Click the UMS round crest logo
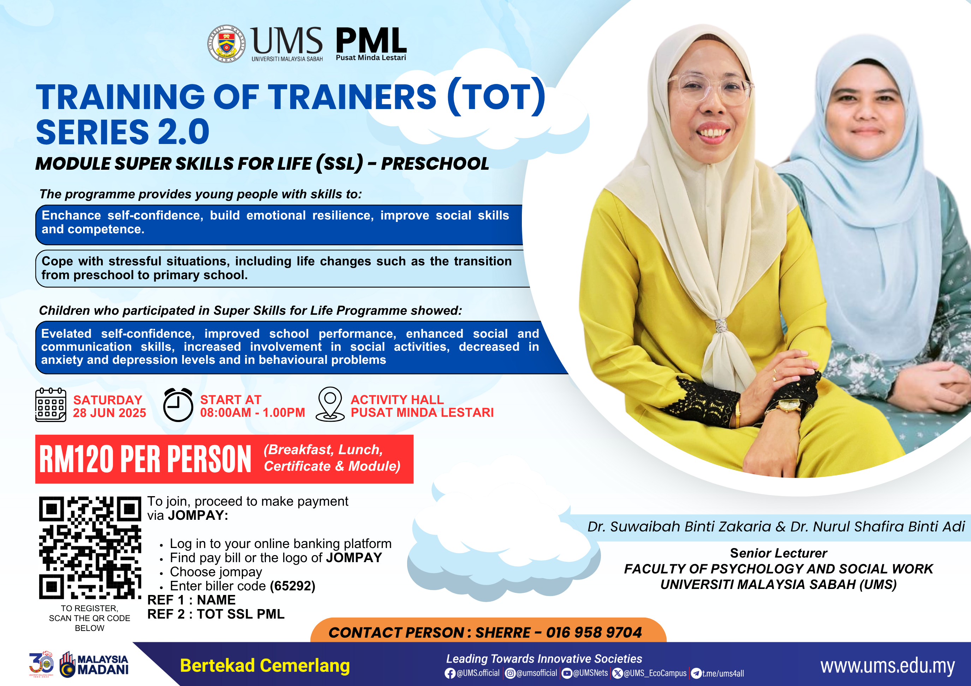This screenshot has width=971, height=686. click(x=227, y=43)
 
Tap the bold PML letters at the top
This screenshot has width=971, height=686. click(x=371, y=40)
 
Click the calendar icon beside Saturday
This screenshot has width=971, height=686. click(x=50, y=404)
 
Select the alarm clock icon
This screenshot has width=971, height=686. click(x=178, y=405)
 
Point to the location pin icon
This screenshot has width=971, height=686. click(x=330, y=404)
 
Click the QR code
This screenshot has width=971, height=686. click(x=90, y=548)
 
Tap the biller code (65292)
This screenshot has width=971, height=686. click(x=293, y=586)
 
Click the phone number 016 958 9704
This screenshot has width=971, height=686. click(x=594, y=632)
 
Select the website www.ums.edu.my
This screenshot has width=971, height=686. click(x=887, y=666)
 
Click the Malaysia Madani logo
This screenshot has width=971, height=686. click(x=94, y=664)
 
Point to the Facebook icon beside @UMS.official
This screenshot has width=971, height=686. click(x=450, y=673)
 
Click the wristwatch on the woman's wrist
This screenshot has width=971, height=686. click(x=787, y=406)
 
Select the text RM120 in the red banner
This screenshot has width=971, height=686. click(x=77, y=459)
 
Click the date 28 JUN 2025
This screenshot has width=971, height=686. click(x=109, y=413)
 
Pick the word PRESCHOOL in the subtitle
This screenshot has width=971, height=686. click(x=435, y=164)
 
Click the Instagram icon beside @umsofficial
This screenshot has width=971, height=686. click(x=511, y=673)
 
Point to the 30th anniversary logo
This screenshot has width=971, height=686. click(x=41, y=664)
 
